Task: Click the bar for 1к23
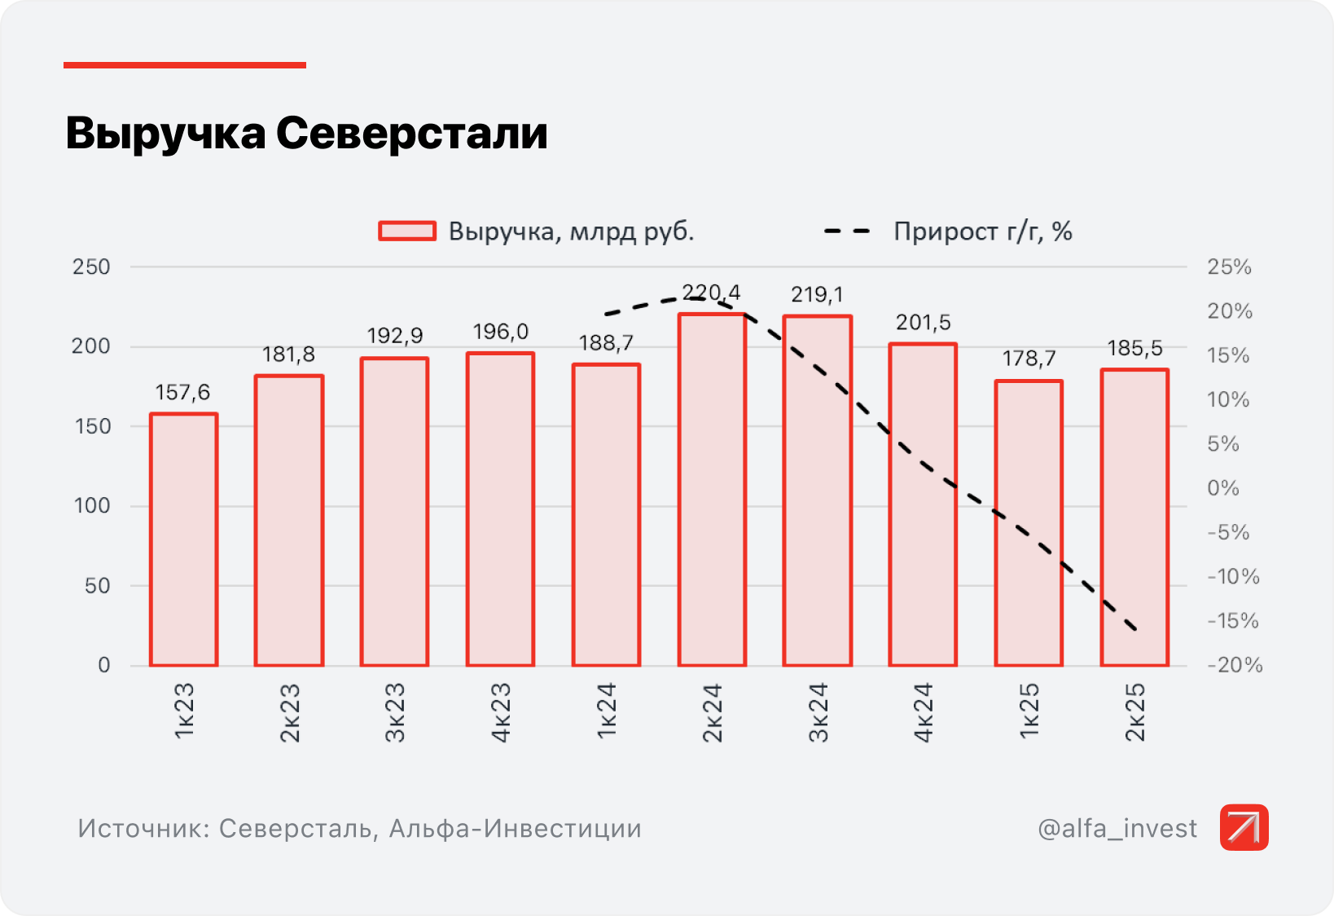183,539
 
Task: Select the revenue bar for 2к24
712,489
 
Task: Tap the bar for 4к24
923,505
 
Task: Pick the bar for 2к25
1134,517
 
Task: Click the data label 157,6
182,393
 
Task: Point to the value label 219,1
817,294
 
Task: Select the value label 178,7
1029,359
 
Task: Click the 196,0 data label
500,332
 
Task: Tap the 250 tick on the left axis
91,267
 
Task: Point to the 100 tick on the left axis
91,506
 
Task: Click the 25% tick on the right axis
1229,267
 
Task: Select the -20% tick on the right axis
1235,665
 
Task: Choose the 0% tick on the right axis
1223,488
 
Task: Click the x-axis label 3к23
395,712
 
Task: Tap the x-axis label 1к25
1029,711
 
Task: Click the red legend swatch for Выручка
407,231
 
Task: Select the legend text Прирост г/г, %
982,231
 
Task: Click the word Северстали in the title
411,133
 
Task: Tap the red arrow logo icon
1244,827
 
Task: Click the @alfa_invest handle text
1117,828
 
